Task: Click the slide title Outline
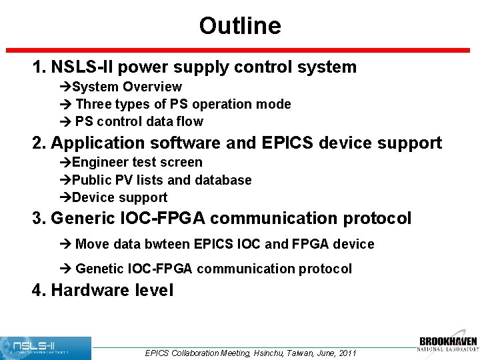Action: click(x=239, y=26)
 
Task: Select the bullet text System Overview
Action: click(x=127, y=87)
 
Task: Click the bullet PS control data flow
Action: click(x=139, y=121)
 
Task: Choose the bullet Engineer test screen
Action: click(x=137, y=162)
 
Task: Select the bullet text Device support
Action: click(x=119, y=197)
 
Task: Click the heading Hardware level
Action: click(x=112, y=291)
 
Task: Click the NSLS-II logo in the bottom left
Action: click(x=45, y=347)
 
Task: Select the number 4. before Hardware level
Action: click(x=39, y=291)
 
